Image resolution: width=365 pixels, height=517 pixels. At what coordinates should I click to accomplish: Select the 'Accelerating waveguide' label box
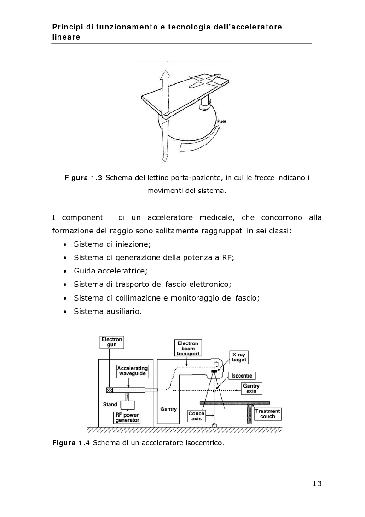pos(132,371)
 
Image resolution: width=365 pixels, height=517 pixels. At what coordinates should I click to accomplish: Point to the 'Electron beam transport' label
pos(187,348)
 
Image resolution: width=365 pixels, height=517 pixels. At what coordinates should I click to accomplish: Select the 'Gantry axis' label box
pos(251,389)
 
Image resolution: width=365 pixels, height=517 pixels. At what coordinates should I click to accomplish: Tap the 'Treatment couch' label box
pos(267,413)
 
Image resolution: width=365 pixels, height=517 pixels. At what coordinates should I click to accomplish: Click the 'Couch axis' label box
pos(197,416)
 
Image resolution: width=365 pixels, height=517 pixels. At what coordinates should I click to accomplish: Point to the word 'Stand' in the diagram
pos(110,404)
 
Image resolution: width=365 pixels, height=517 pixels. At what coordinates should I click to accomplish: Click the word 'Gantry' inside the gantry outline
pos(168,408)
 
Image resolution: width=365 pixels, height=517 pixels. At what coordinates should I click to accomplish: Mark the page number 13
pos(317,483)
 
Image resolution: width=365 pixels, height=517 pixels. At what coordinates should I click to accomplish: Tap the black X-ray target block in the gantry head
pos(214,371)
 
